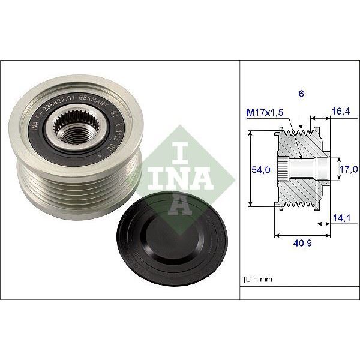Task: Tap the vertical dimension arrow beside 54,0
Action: click(x=250, y=170)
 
